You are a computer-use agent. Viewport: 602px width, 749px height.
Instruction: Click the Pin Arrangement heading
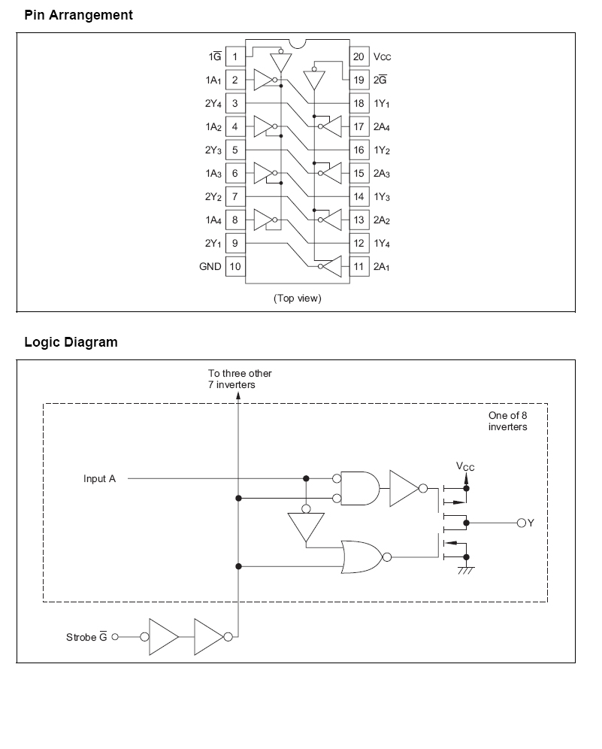click(78, 15)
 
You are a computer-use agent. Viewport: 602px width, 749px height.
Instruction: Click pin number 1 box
click(234, 57)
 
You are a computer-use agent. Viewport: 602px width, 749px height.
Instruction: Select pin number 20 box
click(358, 57)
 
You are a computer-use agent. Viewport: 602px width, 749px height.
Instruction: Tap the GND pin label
click(210, 266)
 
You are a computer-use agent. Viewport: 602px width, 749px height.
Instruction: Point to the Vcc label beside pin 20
click(383, 57)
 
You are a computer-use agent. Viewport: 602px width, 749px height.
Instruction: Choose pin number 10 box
click(234, 266)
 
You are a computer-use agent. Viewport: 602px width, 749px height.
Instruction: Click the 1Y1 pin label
click(382, 104)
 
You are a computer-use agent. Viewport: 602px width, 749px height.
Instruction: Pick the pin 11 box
click(358, 266)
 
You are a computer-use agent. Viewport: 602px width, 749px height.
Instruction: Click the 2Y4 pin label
click(213, 104)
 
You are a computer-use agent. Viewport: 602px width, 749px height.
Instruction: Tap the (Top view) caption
click(297, 299)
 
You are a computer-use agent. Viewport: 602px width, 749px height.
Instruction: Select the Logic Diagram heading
click(71, 342)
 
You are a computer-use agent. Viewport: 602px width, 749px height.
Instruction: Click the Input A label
click(99, 478)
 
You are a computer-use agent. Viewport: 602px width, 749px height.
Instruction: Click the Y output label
click(531, 522)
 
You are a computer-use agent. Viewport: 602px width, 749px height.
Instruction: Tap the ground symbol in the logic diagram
click(466, 569)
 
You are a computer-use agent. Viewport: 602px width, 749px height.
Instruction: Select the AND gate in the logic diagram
click(361, 488)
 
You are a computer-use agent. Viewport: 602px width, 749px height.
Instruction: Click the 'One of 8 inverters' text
click(507, 421)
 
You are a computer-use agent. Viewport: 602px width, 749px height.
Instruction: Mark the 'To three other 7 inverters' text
click(240, 379)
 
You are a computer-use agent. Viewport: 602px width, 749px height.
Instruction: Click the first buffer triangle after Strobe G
click(162, 638)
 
